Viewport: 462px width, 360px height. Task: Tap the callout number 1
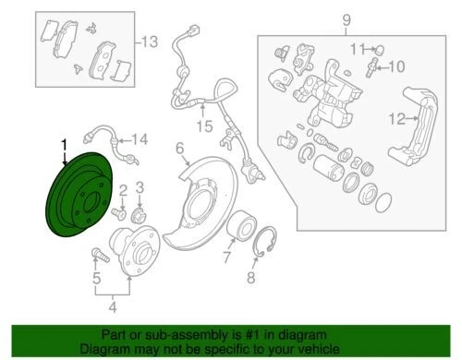point(64,144)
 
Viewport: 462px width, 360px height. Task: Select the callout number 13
point(149,42)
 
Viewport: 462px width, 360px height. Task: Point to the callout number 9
point(346,19)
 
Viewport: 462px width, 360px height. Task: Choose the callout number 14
point(140,139)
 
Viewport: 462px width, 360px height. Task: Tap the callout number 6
point(181,146)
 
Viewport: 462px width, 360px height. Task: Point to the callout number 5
point(96,278)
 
